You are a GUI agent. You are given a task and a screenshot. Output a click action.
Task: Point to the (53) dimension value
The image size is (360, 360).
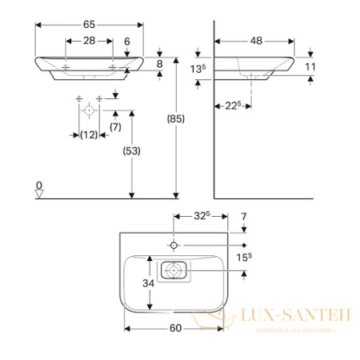129,150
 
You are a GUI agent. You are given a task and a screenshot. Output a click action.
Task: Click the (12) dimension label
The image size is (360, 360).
89,135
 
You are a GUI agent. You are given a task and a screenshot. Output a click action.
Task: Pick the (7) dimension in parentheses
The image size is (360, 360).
114,127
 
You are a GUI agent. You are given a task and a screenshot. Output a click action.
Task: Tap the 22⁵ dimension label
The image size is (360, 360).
230,105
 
